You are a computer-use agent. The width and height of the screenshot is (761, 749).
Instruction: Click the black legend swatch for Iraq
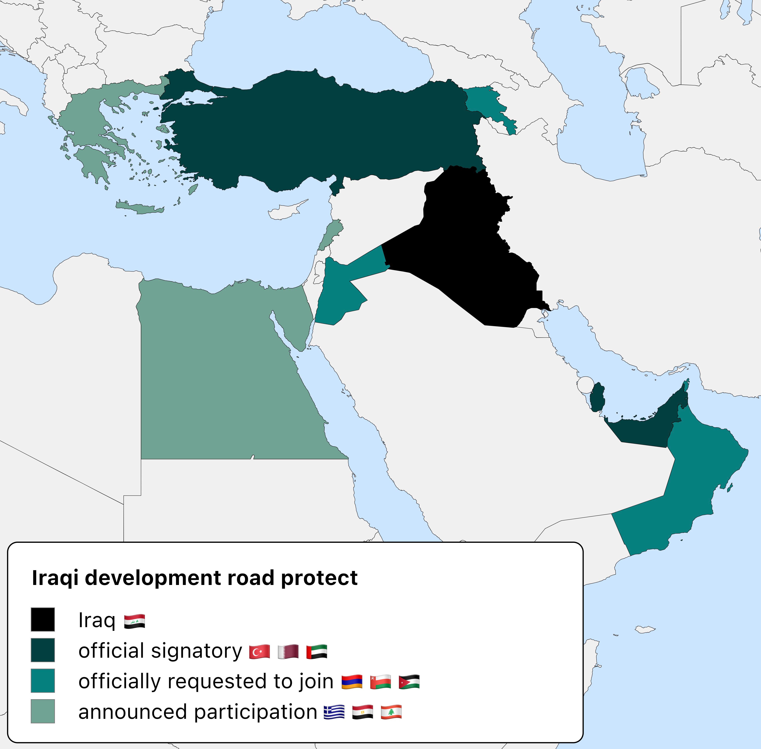[43, 620]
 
